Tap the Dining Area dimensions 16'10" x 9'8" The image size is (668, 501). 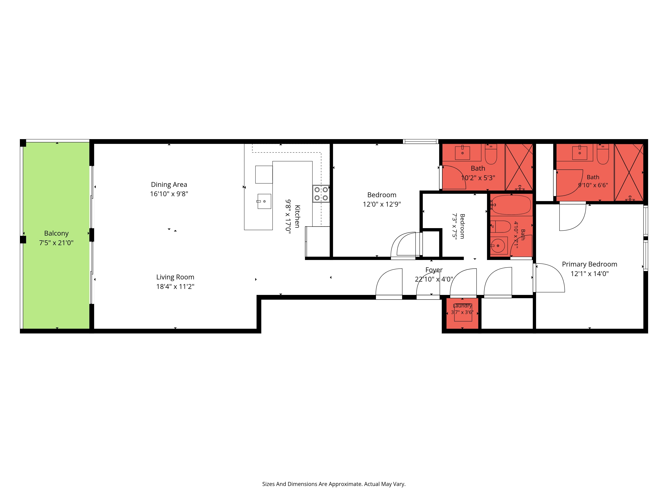pyautogui.click(x=169, y=194)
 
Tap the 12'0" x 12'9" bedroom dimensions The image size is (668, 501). pyautogui.click(x=382, y=204)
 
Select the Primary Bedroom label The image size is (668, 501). pyautogui.click(x=590, y=264)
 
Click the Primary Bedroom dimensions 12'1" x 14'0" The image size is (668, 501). pyautogui.click(x=590, y=274)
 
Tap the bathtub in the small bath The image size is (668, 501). pyautogui.click(x=511, y=205)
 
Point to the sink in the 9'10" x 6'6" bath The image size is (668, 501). pyautogui.click(x=580, y=152)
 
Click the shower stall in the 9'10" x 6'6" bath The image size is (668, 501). pyautogui.click(x=629, y=172)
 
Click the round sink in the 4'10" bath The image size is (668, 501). pyautogui.click(x=498, y=245)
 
